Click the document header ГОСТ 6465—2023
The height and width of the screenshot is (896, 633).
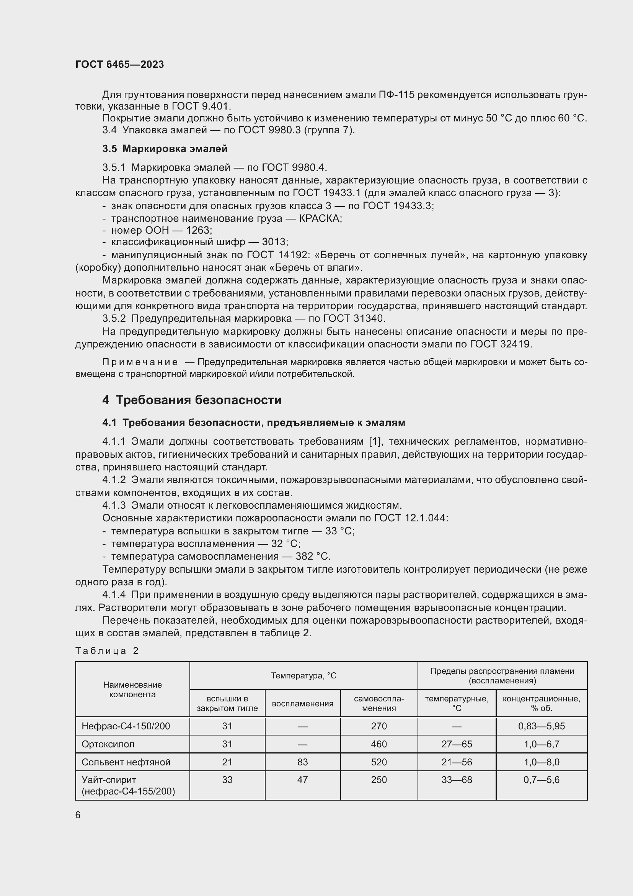click(120, 64)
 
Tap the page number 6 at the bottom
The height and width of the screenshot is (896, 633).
click(78, 815)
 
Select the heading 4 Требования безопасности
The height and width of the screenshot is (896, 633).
click(192, 400)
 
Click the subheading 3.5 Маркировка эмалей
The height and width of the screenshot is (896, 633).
click(165, 149)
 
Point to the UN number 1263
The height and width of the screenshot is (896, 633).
click(198, 230)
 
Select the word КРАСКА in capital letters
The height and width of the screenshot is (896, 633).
click(320, 218)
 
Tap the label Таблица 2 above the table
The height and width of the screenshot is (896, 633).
click(107, 650)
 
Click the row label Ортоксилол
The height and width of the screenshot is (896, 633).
click(108, 744)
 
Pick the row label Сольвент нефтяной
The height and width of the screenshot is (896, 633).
click(126, 762)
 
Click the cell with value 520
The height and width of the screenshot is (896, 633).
click(378, 762)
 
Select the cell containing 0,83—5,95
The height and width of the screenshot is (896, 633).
click(541, 726)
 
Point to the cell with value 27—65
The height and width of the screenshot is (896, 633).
click(457, 744)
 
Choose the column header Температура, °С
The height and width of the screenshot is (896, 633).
click(303, 675)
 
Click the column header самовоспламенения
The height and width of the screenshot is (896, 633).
click(378, 703)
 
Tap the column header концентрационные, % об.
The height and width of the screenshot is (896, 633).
click(541, 703)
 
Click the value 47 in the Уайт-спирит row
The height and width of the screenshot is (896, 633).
click(302, 780)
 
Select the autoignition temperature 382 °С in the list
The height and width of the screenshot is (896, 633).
click(313, 556)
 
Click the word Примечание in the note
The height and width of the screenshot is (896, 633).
click(140, 362)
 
